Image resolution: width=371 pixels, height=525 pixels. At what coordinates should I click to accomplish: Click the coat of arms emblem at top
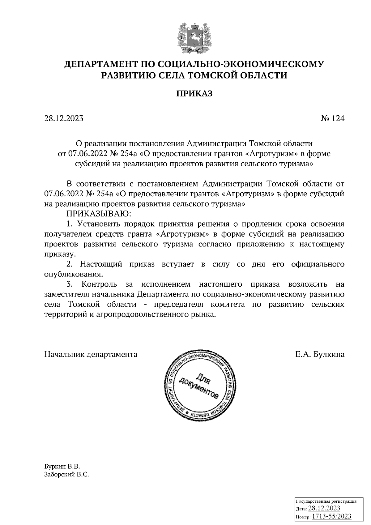click(x=194, y=37)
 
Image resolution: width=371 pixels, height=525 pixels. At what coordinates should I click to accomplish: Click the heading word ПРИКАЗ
click(x=194, y=94)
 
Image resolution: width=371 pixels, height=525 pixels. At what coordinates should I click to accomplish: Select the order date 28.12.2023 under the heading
click(x=64, y=118)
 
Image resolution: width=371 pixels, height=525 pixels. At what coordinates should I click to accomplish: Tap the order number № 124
click(x=332, y=118)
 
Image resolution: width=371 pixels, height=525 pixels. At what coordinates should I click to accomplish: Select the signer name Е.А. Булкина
click(x=320, y=354)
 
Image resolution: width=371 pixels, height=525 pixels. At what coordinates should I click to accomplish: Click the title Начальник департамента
click(x=91, y=354)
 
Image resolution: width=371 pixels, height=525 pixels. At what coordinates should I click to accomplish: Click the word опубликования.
click(x=73, y=274)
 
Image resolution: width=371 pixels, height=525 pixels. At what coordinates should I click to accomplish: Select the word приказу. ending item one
click(x=60, y=254)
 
